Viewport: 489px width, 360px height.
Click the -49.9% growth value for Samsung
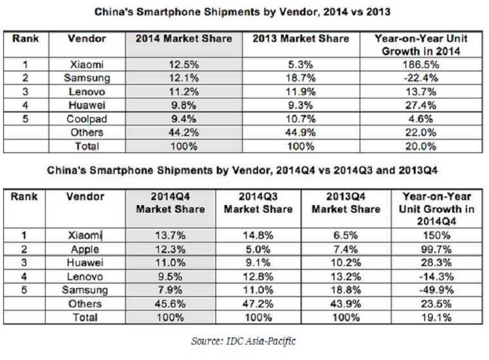pos(436,291)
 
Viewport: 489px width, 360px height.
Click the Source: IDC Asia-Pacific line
pos(244,341)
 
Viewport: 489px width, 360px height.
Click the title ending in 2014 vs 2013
pos(243,12)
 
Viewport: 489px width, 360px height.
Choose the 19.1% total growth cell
pos(436,318)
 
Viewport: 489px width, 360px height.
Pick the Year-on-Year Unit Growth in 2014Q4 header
pos(436,208)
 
